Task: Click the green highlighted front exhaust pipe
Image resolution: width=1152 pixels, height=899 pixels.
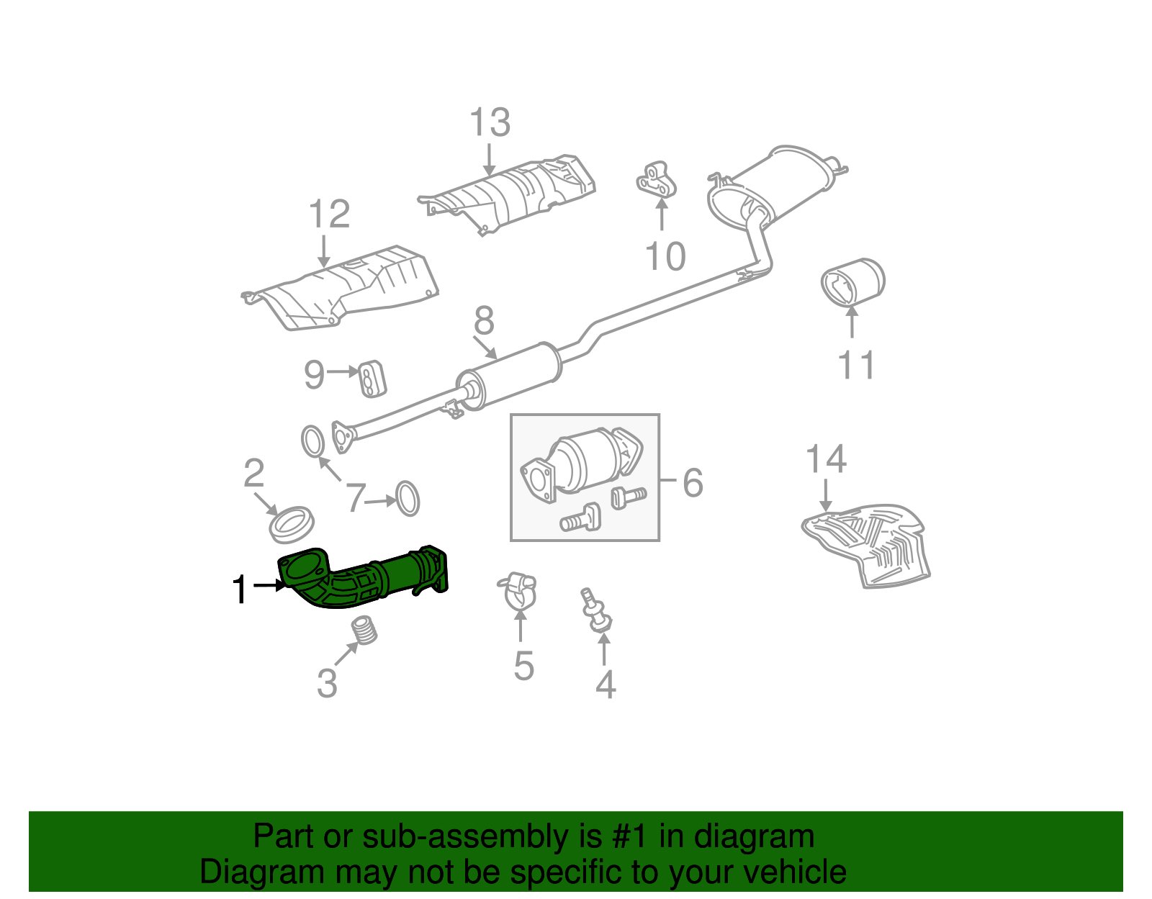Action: point(360,579)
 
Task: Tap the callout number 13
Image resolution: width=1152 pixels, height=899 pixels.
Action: point(490,122)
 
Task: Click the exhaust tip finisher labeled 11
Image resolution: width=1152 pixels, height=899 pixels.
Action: point(853,282)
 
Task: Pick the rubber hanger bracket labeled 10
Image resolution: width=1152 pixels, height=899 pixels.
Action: point(656,180)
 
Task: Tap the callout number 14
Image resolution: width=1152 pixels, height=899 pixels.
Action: point(825,458)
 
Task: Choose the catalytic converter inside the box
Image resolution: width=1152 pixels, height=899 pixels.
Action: point(583,464)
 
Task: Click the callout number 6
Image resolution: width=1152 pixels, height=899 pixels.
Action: point(693,482)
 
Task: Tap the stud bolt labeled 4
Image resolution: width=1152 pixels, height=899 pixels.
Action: point(596,612)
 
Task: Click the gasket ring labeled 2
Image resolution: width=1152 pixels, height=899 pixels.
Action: point(292,524)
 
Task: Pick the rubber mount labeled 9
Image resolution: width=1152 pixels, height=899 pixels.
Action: point(372,379)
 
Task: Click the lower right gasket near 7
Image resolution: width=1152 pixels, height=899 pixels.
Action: point(408,499)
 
